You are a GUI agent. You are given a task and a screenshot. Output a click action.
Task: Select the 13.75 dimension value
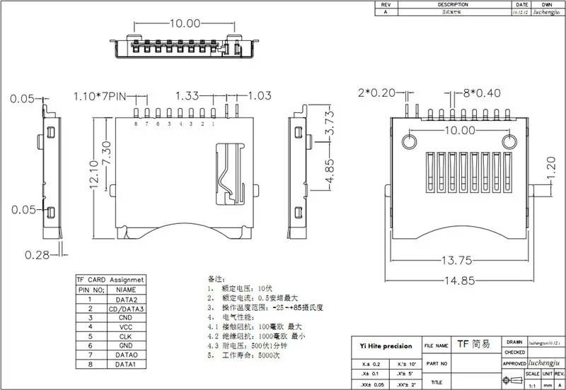click(x=456, y=260)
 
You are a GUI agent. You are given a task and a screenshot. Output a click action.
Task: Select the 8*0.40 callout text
click(x=482, y=93)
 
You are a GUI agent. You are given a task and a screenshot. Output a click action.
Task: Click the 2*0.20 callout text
click(x=379, y=93)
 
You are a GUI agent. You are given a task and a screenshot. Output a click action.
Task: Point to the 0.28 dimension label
click(x=40, y=254)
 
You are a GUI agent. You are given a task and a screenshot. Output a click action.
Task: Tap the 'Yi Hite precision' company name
click(x=383, y=345)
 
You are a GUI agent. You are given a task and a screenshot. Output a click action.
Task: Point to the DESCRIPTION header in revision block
click(x=453, y=4)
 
